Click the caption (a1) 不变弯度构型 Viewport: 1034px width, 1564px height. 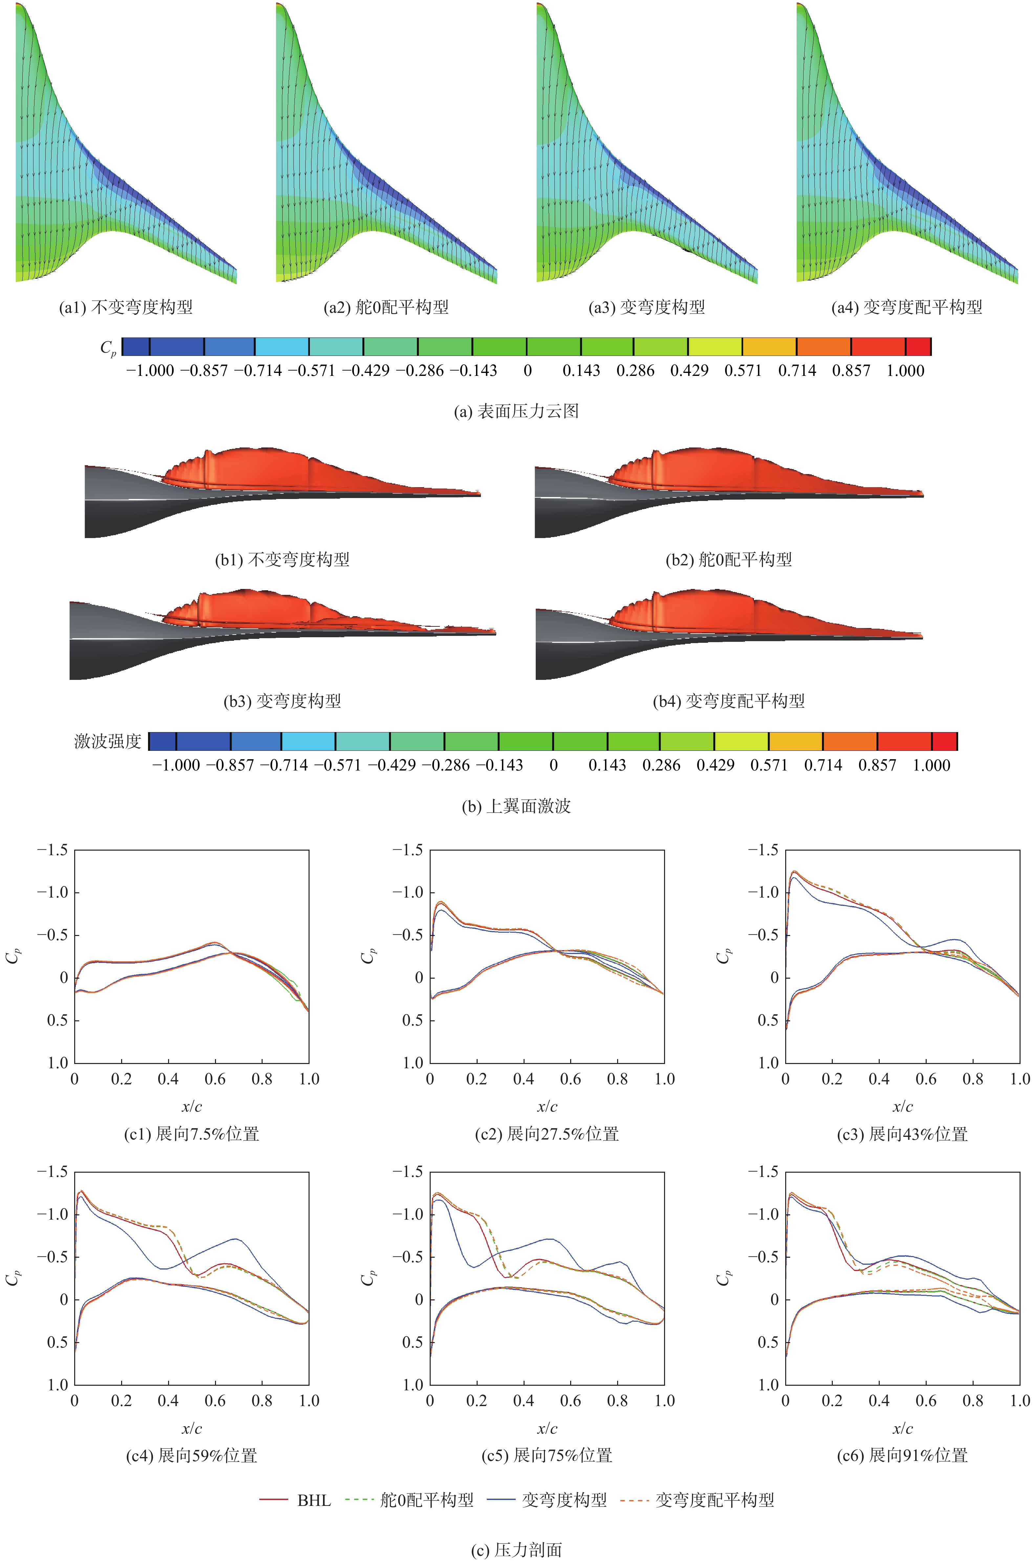pyautogui.click(x=126, y=307)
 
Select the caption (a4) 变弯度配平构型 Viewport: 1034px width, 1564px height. pyautogui.click(x=907, y=307)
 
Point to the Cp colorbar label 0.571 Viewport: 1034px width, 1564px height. pyautogui.click(x=743, y=371)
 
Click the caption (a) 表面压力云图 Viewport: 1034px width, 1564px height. pyautogui.click(x=516, y=411)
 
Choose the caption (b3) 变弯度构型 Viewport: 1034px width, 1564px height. pyautogui.click(x=282, y=701)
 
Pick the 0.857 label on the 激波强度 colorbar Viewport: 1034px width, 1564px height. pyautogui.click(x=877, y=766)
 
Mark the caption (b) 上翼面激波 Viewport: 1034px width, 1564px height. pyautogui.click(x=516, y=806)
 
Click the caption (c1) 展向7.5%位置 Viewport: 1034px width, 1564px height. pyautogui.click(x=192, y=1134)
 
